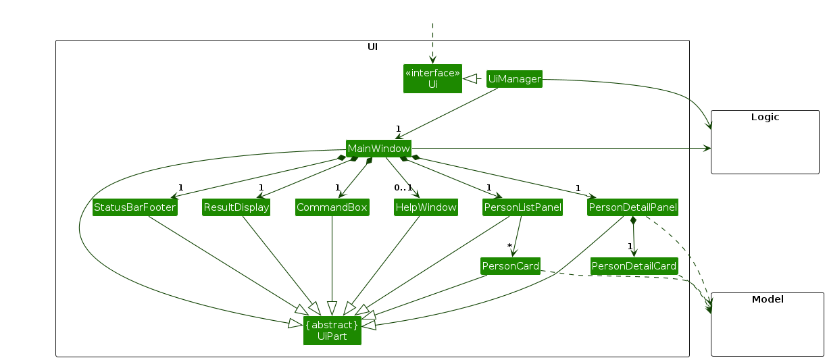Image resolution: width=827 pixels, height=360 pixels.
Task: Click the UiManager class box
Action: [514, 79]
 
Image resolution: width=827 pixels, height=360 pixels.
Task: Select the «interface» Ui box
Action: [432, 78]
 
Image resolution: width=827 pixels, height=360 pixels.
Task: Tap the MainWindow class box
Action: [378, 148]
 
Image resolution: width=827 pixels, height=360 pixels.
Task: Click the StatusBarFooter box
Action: [135, 207]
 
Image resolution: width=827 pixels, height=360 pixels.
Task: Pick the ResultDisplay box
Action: [236, 207]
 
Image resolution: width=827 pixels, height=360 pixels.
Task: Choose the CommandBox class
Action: [332, 207]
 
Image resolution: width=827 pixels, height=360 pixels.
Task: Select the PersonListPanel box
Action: [523, 207]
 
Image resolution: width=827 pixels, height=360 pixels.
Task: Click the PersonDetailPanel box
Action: [632, 207]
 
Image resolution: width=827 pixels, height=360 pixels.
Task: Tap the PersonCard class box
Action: [510, 266]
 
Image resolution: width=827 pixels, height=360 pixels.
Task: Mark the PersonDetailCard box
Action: [634, 266]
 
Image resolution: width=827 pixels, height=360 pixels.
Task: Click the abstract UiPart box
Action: [332, 330]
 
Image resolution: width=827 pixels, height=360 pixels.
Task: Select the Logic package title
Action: [765, 117]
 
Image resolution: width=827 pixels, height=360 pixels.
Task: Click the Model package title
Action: [768, 299]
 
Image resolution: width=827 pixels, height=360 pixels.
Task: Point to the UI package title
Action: [372, 47]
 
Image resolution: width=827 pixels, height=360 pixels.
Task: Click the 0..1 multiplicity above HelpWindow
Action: [403, 187]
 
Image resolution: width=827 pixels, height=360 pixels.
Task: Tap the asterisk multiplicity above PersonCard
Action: [509, 246]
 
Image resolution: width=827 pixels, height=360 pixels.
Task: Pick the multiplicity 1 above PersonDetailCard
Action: [629, 246]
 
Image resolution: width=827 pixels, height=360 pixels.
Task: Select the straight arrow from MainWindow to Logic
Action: [561, 148]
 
